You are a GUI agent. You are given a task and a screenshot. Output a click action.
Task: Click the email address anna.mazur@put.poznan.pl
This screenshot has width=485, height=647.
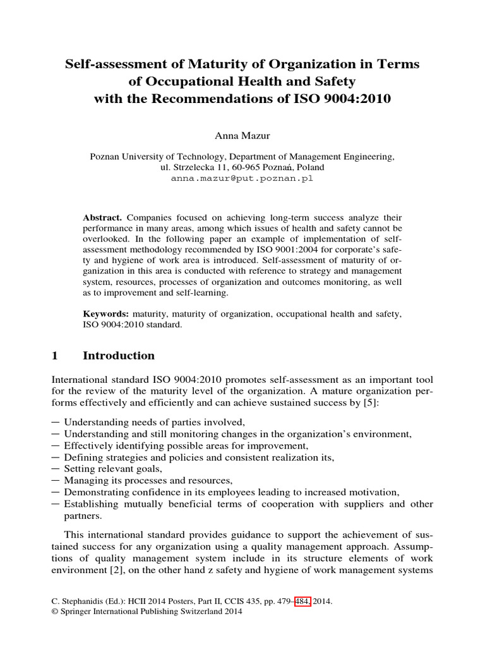coord(242,178)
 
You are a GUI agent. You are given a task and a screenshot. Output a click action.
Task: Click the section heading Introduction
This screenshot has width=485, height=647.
coord(119,356)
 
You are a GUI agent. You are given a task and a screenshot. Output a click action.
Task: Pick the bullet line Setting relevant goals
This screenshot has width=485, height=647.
coord(113,469)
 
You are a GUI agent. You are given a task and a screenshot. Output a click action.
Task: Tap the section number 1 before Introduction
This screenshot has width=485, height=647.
coord(54,356)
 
